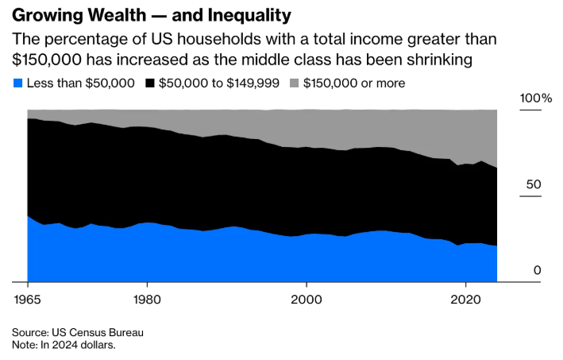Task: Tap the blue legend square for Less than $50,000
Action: [17, 83]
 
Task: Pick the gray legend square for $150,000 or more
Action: [295, 83]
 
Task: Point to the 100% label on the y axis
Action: [535, 98]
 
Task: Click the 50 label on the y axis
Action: [533, 184]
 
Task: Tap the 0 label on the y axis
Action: [537, 270]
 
